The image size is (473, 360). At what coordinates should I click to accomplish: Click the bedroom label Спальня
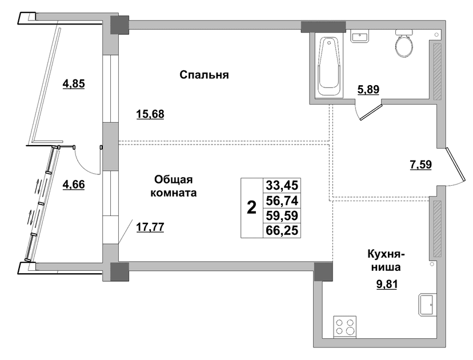[x=204, y=75]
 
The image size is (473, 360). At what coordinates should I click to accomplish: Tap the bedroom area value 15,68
[x=150, y=114]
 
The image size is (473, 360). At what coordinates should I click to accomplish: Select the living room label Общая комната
[x=174, y=186]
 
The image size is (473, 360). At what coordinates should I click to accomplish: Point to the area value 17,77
[x=150, y=227]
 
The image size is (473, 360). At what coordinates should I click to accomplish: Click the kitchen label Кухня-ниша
[x=386, y=261]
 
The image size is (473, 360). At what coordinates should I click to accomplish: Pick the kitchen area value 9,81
[x=387, y=284]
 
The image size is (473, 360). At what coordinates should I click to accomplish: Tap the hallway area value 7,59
[x=421, y=165]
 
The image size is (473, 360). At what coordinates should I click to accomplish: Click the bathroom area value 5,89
[x=368, y=90]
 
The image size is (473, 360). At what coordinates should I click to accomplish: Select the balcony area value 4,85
[x=74, y=83]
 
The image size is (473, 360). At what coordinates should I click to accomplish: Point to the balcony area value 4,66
[x=74, y=184]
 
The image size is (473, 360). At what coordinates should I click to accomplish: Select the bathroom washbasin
[x=359, y=36]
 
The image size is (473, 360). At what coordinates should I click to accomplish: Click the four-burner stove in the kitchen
[x=345, y=327]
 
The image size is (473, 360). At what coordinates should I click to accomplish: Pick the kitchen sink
[x=427, y=305]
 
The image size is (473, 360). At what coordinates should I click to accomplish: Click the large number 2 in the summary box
[x=251, y=207]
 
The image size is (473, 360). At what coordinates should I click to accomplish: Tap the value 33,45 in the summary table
[x=282, y=185]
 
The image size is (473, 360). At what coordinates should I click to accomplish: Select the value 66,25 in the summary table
[x=282, y=230]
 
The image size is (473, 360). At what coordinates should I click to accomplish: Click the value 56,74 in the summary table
[x=282, y=201]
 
